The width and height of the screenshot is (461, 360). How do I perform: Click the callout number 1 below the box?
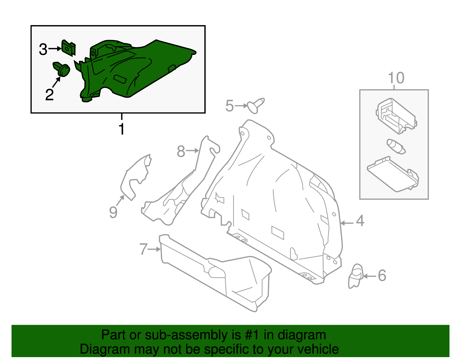coord(122,129)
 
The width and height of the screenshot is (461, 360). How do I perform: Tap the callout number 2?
coord(50,95)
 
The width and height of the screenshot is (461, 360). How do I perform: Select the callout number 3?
coord(43,49)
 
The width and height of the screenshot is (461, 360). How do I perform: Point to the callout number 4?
coord(360,221)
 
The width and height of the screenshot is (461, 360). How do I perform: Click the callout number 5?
coord(229,106)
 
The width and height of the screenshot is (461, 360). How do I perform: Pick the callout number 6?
coord(382,276)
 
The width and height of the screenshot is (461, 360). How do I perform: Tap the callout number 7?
coord(143,249)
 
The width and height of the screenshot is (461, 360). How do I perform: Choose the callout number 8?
coord(181,151)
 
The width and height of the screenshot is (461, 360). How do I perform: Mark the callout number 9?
coord(113,212)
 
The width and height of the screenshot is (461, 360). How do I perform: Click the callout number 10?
coord(396,78)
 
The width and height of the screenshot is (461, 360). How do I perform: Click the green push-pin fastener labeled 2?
coord(63,69)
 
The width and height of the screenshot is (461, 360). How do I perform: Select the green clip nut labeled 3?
coord(69,48)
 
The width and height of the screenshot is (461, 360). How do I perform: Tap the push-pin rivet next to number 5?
coord(255,105)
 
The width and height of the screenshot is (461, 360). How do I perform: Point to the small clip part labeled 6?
coord(356,276)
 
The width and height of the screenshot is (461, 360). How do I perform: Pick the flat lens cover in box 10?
coord(393,174)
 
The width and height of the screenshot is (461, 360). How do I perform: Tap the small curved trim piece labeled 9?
coord(135,176)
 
